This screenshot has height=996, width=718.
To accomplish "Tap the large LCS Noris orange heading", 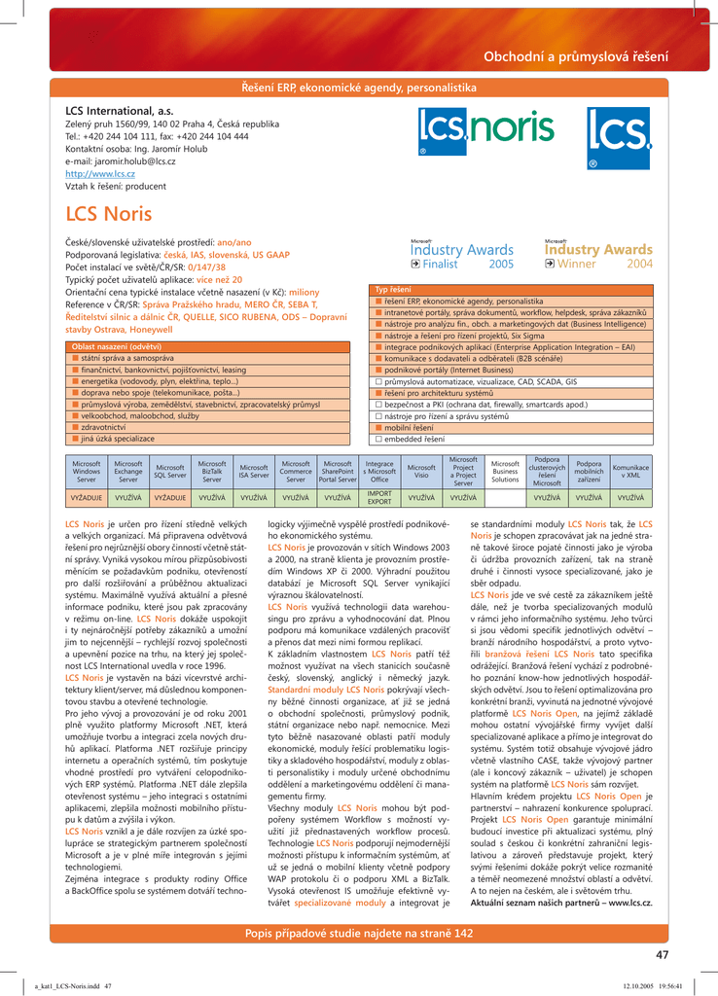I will click(108, 214).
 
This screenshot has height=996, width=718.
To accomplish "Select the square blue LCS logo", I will click(618, 138).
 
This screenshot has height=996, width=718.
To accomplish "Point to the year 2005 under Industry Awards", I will click(501, 264).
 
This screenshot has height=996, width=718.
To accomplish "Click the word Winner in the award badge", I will click(576, 264).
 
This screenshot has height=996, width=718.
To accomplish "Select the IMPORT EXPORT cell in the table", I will click(379, 498).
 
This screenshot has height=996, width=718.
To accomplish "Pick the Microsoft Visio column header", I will click(421, 471).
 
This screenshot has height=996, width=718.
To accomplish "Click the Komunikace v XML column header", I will click(631, 471).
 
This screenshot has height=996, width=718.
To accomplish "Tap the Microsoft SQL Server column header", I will click(170, 471).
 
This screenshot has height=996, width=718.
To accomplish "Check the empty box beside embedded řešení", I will click(378, 439).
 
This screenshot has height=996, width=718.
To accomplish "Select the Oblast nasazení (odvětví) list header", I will click(130, 346).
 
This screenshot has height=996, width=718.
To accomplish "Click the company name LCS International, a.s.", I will click(119, 112).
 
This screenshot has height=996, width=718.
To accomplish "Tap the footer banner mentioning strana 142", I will click(359, 934).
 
